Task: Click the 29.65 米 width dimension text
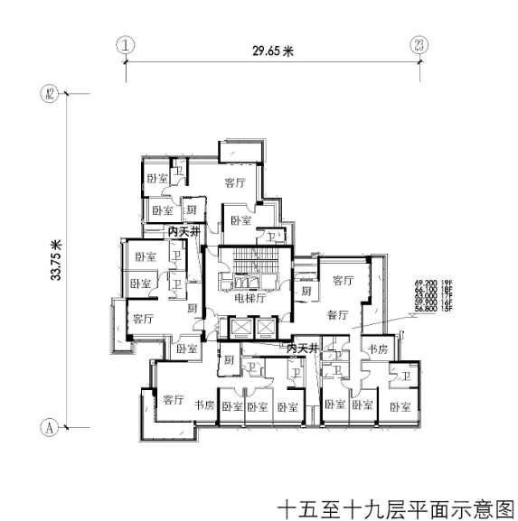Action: coord(274,51)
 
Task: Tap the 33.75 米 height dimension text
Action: coord(56,256)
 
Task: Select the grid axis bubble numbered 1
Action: coord(126,42)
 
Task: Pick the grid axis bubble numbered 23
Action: coord(418,42)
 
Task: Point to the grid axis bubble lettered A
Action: coord(51,423)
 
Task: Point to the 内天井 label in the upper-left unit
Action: coord(184,232)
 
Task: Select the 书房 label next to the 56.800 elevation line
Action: coord(375,349)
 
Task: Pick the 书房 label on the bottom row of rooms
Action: coord(205,405)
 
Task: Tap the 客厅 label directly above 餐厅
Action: coord(342,281)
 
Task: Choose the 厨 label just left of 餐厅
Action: coord(307,292)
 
